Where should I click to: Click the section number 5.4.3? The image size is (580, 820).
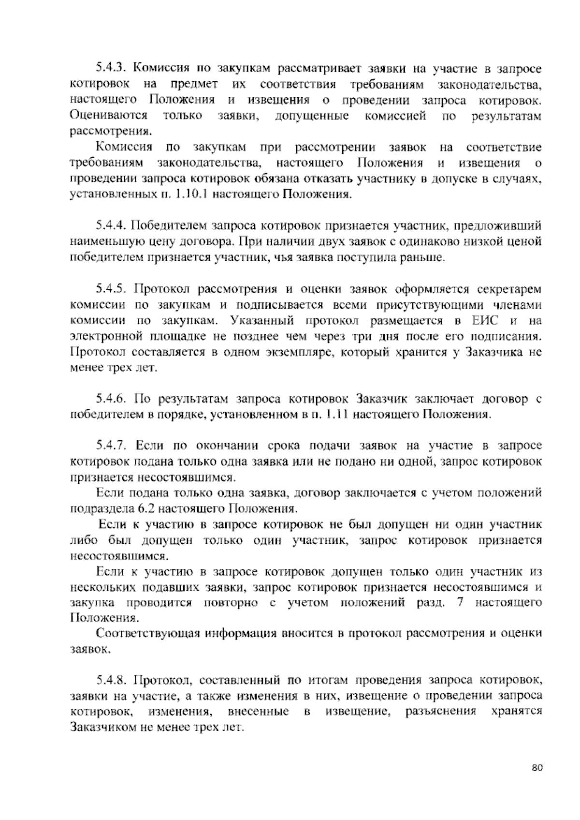coord(112,69)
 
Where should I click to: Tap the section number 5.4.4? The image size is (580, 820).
coord(112,225)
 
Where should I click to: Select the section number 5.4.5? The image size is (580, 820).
coord(112,289)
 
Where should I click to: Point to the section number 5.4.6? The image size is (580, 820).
coord(112,399)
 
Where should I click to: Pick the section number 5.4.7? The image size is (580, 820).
coord(112,446)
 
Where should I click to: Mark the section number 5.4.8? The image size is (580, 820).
coord(112,681)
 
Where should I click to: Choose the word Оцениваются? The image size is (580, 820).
coord(109,116)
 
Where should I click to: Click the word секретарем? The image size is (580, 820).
coord(509,289)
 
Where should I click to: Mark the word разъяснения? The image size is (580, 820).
coord(441,712)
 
